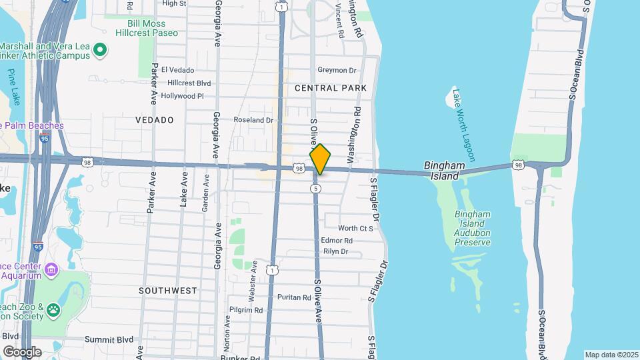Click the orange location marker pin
(x=320, y=160)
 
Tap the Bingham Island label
(x=442, y=171)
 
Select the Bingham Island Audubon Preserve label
(x=473, y=228)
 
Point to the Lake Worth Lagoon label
(x=463, y=125)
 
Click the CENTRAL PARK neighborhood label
(x=331, y=88)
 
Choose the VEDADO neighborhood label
(x=154, y=120)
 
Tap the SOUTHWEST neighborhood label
(x=168, y=291)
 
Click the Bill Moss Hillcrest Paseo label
(x=153, y=27)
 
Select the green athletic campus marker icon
(x=100, y=49)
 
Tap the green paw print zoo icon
(x=53, y=310)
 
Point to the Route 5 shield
(x=316, y=189)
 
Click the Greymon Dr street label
(x=337, y=70)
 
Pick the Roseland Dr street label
(x=253, y=120)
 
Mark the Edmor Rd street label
(x=336, y=240)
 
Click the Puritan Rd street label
(x=294, y=297)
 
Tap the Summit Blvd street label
(x=109, y=339)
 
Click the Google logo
(x=22, y=352)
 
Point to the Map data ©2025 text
(x=611, y=355)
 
